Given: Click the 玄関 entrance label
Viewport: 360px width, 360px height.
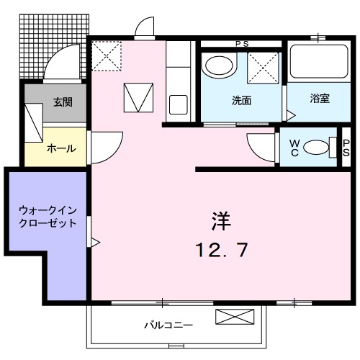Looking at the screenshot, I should pos(62,102).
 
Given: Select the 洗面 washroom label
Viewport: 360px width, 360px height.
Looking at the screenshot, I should pos(241,99).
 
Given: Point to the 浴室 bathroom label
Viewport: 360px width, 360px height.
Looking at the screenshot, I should pos(320,98).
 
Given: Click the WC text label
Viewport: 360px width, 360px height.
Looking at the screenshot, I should pos(294,148).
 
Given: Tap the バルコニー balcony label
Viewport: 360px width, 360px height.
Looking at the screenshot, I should pos(167,325).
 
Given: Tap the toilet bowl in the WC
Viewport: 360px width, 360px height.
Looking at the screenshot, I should pos(315,148).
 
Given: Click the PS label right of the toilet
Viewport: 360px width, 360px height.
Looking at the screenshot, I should pos(346,147).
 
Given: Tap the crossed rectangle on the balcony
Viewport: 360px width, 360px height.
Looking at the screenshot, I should pos(235,318).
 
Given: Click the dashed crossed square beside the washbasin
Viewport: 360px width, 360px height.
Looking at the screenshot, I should pos(264,69).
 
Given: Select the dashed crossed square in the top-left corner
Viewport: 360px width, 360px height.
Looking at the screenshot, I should pos(107,55).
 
